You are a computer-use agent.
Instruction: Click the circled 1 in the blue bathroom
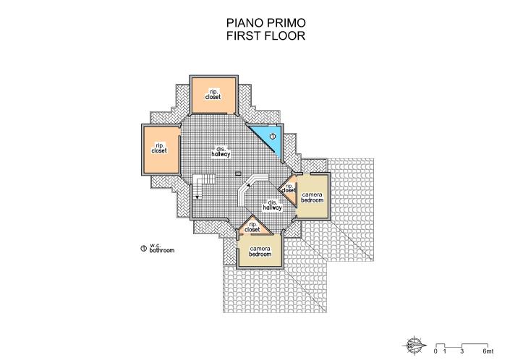(x=273, y=136)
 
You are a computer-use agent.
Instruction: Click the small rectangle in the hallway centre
(x=237, y=173)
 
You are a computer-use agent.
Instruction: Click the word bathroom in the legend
(x=162, y=252)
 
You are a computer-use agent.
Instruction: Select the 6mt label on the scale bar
(x=488, y=352)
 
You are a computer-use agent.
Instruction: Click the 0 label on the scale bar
(x=435, y=352)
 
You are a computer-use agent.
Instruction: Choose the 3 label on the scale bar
(x=462, y=352)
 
